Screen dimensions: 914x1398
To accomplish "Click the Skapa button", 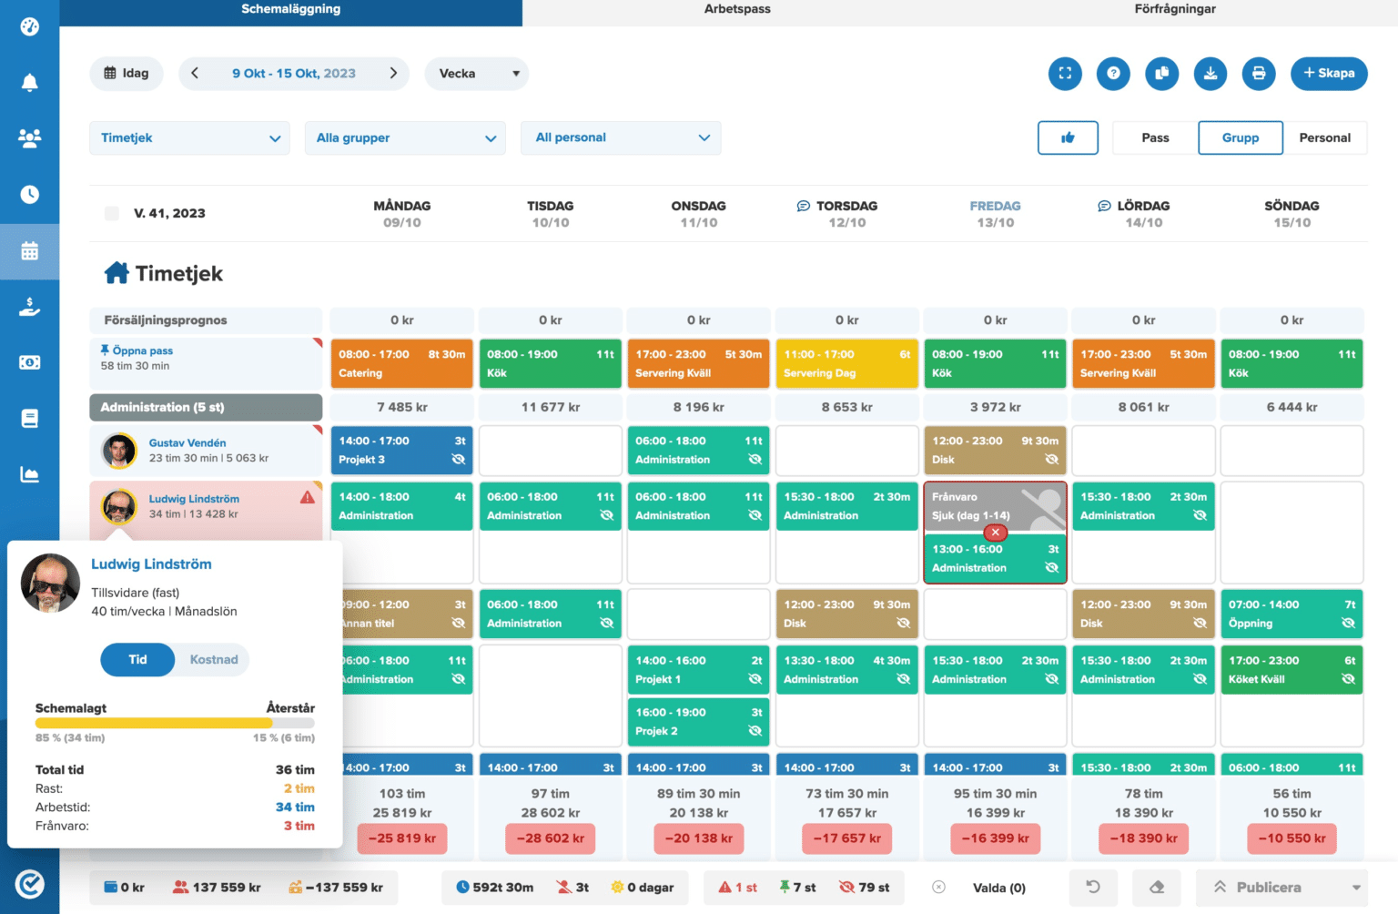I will [x=1328, y=74].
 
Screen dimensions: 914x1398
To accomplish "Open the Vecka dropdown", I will [x=476, y=74].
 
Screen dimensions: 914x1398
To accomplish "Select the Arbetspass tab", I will [x=737, y=9].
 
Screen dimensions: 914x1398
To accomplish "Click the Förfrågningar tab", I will [x=1174, y=9].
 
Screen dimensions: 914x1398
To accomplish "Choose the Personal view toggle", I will [x=1324, y=138].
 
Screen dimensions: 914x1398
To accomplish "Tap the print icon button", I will [x=1258, y=74].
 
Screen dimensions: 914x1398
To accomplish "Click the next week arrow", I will [x=393, y=74].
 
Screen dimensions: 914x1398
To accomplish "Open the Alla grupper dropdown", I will [x=405, y=138].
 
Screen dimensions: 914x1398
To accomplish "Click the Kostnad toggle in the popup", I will [x=214, y=660].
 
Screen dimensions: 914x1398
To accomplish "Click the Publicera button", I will [x=1269, y=888].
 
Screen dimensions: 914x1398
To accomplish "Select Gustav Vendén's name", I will [x=187, y=443].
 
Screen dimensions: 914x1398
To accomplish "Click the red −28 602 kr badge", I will [x=550, y=838].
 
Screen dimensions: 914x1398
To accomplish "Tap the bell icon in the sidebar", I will [x=30, y=83].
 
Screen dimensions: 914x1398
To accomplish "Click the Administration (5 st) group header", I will [x=206, y=408].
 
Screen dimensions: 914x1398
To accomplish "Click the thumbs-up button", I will [x=1068, y=138].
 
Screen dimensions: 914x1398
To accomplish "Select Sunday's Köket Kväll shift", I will [x=1291, y=670].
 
